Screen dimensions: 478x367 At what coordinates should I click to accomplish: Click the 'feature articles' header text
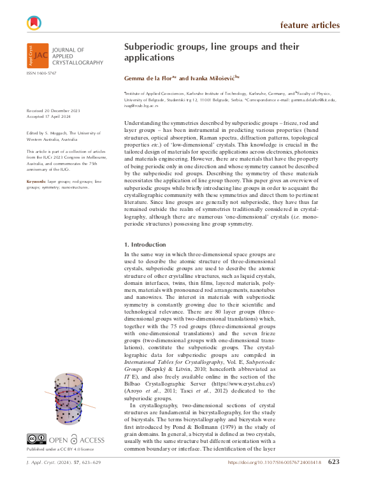310,25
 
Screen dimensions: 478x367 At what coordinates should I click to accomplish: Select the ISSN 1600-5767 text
41,74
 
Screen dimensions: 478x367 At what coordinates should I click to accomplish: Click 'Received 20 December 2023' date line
54,110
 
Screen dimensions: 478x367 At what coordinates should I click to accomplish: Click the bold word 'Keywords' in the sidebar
36,182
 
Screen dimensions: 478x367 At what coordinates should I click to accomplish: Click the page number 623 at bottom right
352,462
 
